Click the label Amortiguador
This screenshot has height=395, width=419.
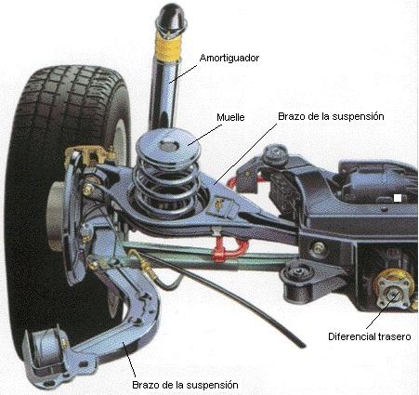tap(229, 59)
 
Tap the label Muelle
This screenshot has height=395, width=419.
tap(230, 117)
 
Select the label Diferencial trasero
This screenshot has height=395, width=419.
tap(370, 336)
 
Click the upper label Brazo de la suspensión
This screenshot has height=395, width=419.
tap(331, 116)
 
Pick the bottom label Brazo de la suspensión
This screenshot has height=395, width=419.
tap(185, 385)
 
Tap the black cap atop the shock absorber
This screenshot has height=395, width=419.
tap(171, 17)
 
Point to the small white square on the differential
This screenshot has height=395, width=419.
tap(398, 198)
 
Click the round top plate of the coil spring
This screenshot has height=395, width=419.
tap(168, 146)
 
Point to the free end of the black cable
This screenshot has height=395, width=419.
tap(302, 345)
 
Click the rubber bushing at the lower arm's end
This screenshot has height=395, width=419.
tap(46, 347)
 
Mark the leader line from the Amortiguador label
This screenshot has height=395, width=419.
tap(183, 74)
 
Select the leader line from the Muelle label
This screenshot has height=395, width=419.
tap(205, 135)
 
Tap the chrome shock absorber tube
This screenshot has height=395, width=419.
tap(164, 93)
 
